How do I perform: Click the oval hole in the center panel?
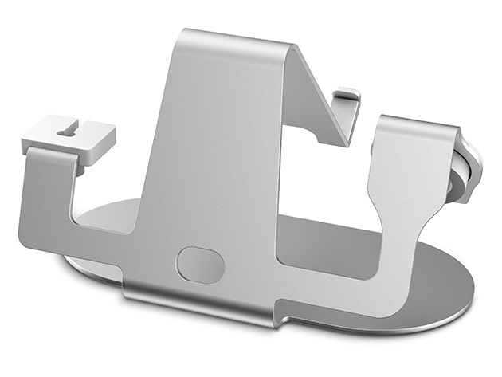click(x=200, y=265)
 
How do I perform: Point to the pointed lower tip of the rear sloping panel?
click(x=347, y=143)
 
